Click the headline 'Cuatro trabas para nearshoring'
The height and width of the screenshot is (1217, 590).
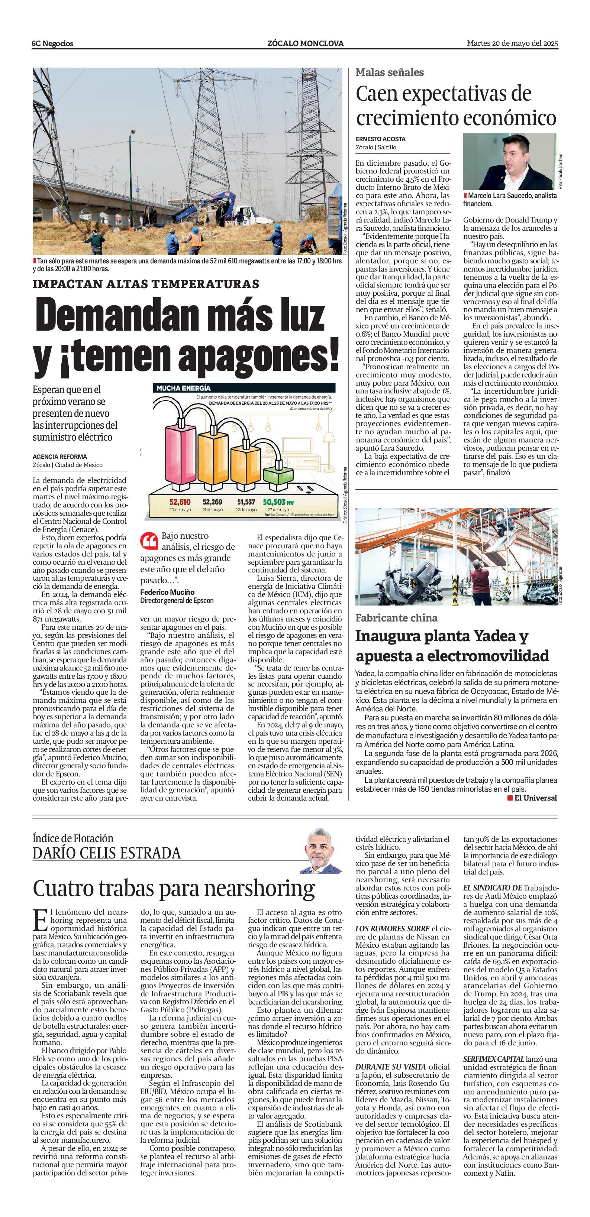[x=174, y=889]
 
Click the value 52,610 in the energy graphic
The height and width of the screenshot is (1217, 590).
[x=180, y=502]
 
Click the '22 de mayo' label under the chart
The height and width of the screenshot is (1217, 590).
[x=246, y=510]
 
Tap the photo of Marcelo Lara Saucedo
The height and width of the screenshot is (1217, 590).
[x=509, y=161]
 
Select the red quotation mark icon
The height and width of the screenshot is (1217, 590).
[x=149, y=541]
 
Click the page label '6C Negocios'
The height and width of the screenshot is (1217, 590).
[x=52, y=43]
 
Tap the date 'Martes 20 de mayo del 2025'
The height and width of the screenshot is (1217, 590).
[x=512, y=43]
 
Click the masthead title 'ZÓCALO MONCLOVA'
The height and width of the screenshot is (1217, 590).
[x=305, y=43]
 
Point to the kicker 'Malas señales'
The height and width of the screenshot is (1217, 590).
[x=390, y=72]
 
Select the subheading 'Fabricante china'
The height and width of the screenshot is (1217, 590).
[x=396, y=617]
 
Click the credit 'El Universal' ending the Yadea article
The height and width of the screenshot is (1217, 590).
[x=535, y=798]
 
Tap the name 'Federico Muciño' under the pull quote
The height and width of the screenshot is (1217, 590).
[x=167, y=592]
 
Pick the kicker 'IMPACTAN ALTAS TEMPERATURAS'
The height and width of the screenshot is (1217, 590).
[x=146, y=284]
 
